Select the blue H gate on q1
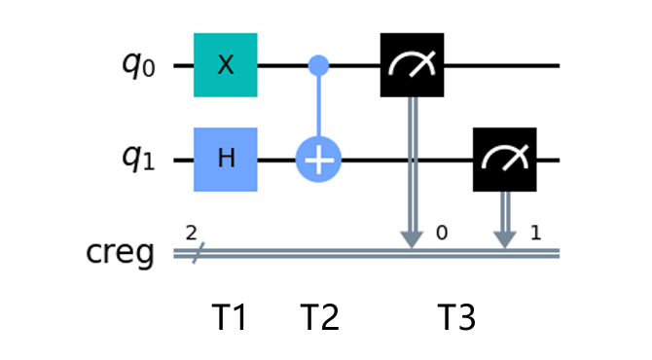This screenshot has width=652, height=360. [x=225, y=159]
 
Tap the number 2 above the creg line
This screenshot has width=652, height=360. [x=191, y=234]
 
